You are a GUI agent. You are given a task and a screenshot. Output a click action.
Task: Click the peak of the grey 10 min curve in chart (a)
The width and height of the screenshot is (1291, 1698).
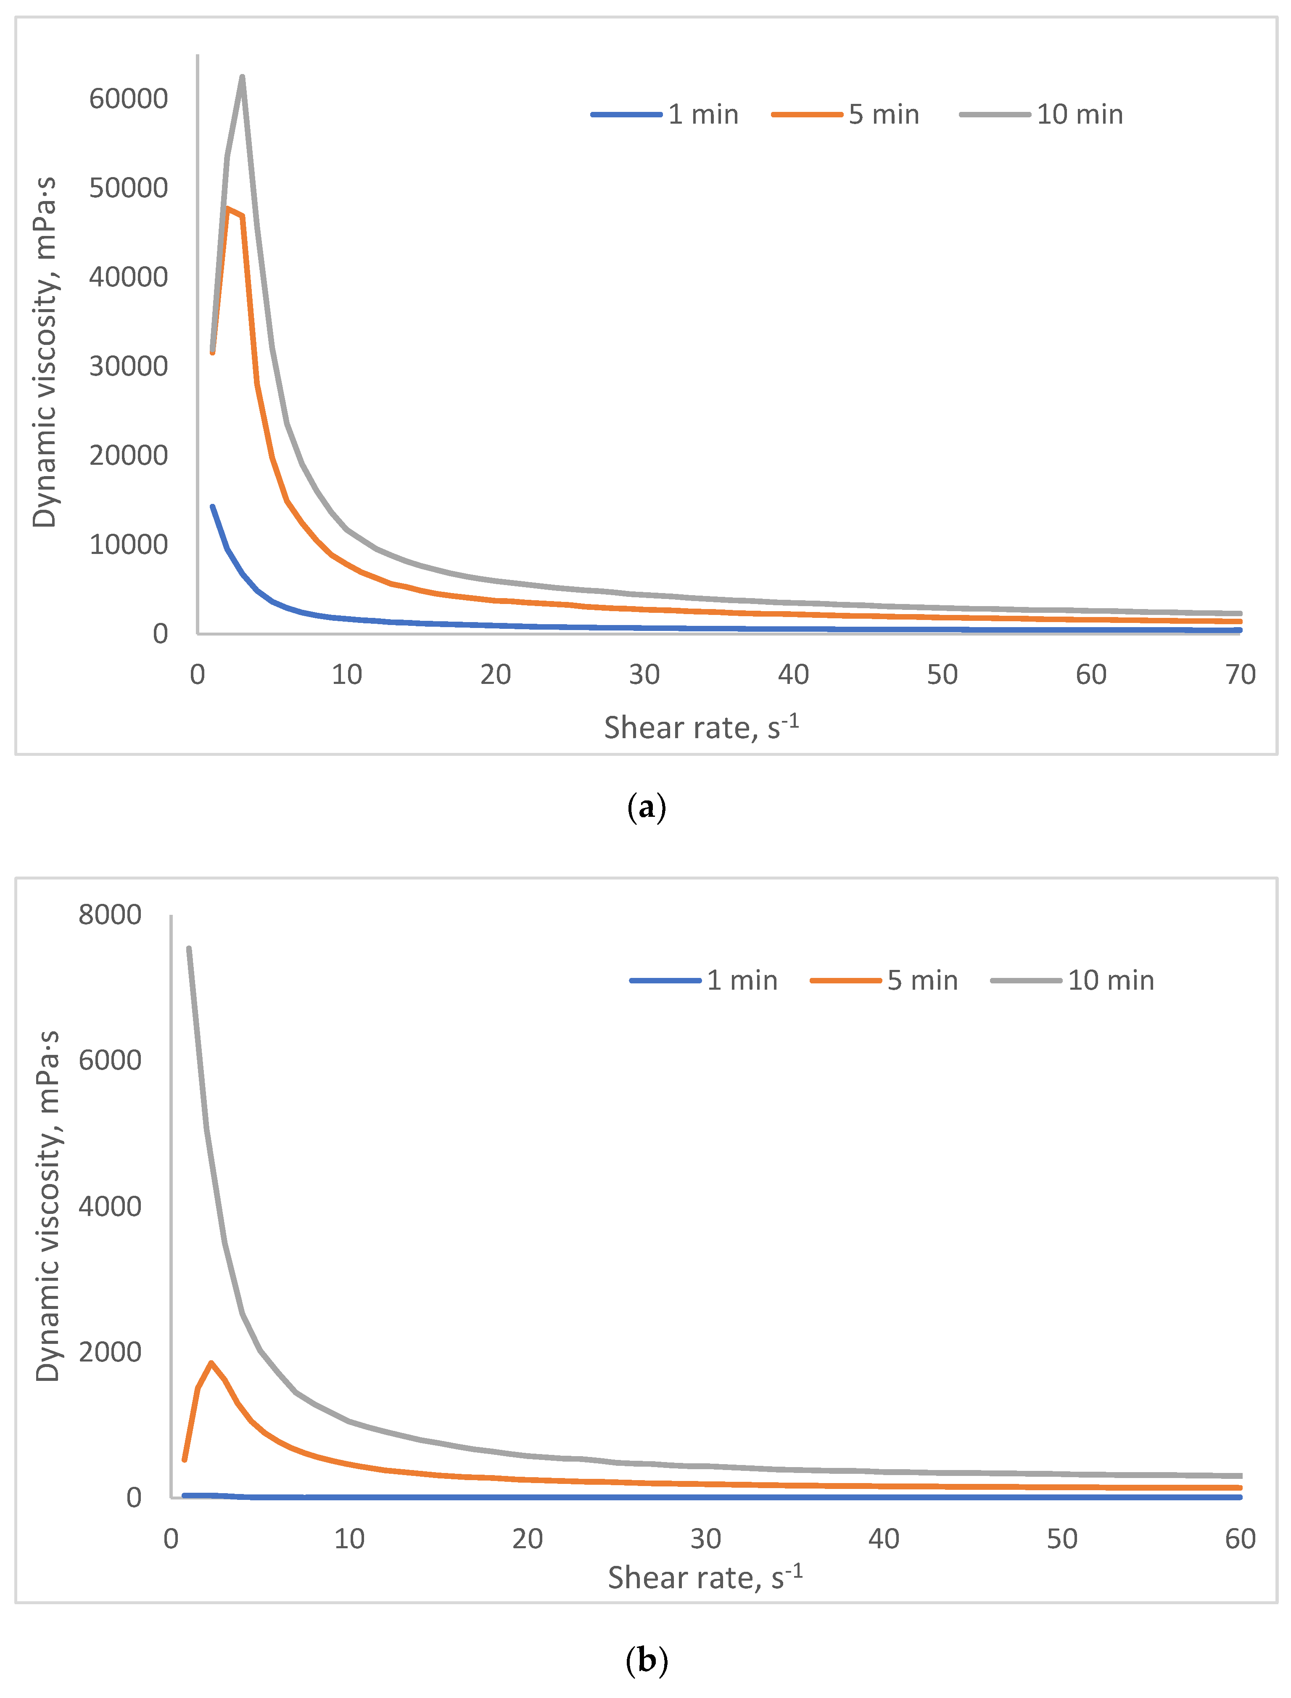point(242,76)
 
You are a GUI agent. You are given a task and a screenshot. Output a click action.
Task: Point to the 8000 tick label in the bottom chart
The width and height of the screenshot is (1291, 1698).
point(110,915)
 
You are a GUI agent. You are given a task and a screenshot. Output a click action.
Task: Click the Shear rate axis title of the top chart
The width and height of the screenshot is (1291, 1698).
point(701,727)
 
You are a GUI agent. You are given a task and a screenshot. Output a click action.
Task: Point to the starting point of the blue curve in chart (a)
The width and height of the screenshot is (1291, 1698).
point(213,506)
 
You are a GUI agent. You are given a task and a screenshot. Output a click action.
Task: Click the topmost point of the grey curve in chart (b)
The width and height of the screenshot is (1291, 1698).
point(188,948)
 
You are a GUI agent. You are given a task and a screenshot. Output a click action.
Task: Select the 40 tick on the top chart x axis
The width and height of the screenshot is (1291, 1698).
point(793,674)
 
